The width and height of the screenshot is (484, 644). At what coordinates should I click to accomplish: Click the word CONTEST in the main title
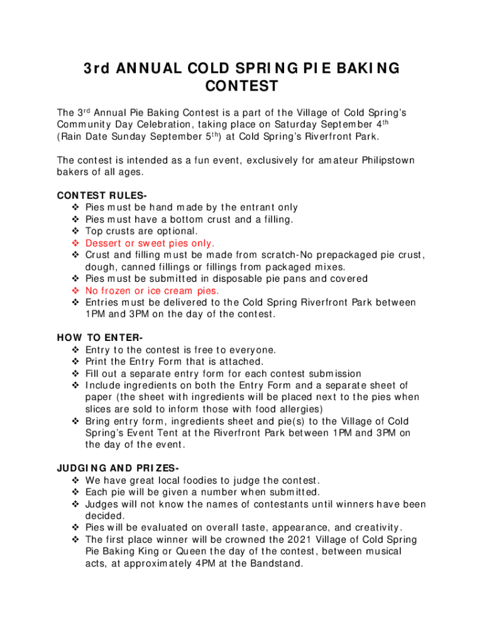(x=242, y=85)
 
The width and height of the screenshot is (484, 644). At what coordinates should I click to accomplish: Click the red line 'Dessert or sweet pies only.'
(x=150, y=243)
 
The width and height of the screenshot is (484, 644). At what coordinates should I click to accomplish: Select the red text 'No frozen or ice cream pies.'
(x=152, y=291)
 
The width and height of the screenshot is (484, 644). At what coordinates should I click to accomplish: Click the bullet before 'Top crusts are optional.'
(x=76, y=231)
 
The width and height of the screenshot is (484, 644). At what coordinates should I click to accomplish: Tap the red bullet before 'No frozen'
(x=76, y=291)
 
